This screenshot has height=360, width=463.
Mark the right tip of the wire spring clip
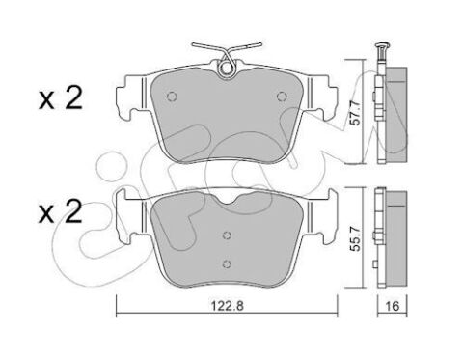259,44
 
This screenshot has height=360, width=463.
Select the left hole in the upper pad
170,96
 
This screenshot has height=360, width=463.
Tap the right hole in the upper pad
281,96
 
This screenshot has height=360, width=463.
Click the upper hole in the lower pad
225,234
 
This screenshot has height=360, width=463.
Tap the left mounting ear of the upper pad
122,99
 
